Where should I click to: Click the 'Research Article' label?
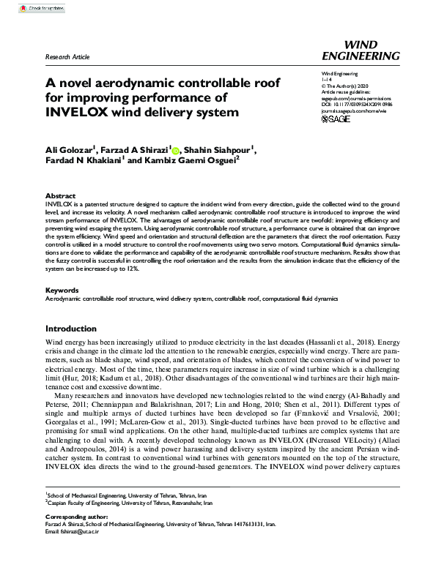(x=67, y=56)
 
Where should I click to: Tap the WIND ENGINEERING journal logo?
(x=361, y=50)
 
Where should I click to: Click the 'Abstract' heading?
(x=60, y=196)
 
